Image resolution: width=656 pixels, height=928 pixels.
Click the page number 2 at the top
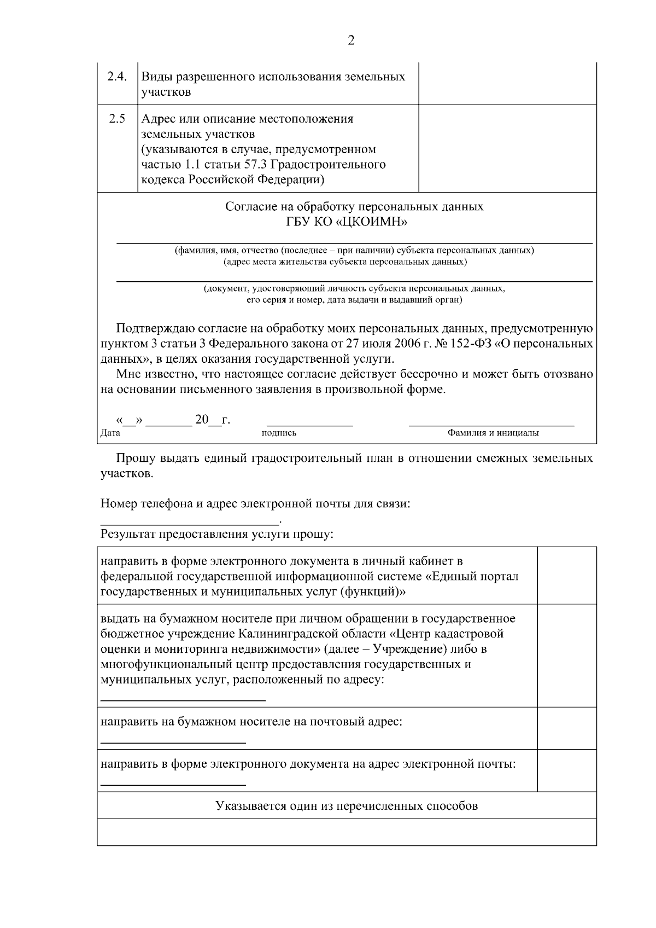pyautogui.click(x=351, y=40)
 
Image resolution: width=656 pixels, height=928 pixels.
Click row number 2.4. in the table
pyautogui.click(x=117, y=77)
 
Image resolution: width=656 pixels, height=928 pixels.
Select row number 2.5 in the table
pyautogui.click(x=116, y=119)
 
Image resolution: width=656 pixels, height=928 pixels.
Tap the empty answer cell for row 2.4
pyautogui.click(x=507, y=83)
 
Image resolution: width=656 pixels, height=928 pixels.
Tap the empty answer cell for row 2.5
pyautogui.click(x=507, y=148)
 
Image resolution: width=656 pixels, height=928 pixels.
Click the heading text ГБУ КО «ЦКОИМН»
pyautogui.click(x=354, y=222)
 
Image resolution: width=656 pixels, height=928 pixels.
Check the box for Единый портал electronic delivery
pyautogui.click(x=566, y=575)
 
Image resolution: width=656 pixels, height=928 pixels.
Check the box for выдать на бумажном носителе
pyautogui.click(x=566, y=655)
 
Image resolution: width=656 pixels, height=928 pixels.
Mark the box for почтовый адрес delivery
pyautogui.click(x=566, y=728)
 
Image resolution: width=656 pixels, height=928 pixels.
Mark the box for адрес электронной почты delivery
pyautogui.click(x=566, y=770)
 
